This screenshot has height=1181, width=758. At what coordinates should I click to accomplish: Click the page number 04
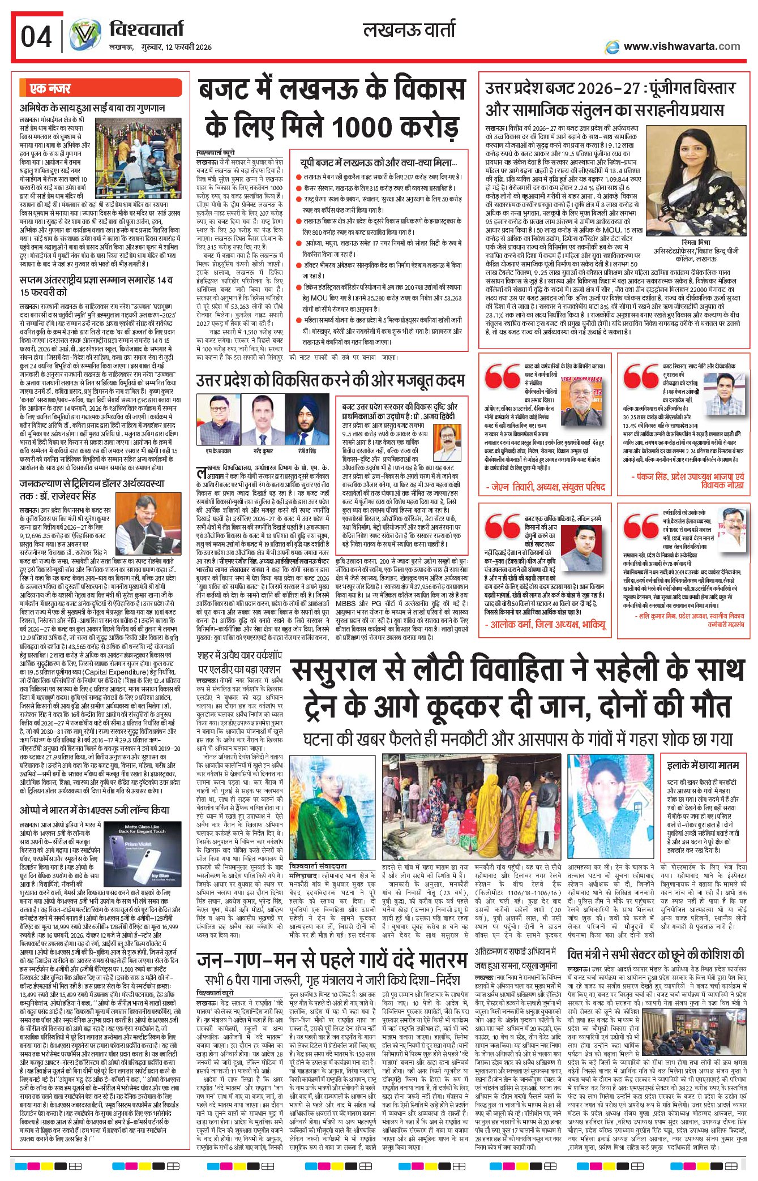tap(36, 37)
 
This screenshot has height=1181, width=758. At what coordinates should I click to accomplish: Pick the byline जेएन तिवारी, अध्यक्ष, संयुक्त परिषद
tap(545, 487)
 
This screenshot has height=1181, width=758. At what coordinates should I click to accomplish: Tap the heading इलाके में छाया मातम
tap(703, 765)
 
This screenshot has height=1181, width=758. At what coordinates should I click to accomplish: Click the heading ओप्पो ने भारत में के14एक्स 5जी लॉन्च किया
tap(94, 810)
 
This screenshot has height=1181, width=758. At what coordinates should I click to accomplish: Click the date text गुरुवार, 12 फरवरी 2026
tap(177, 47)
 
